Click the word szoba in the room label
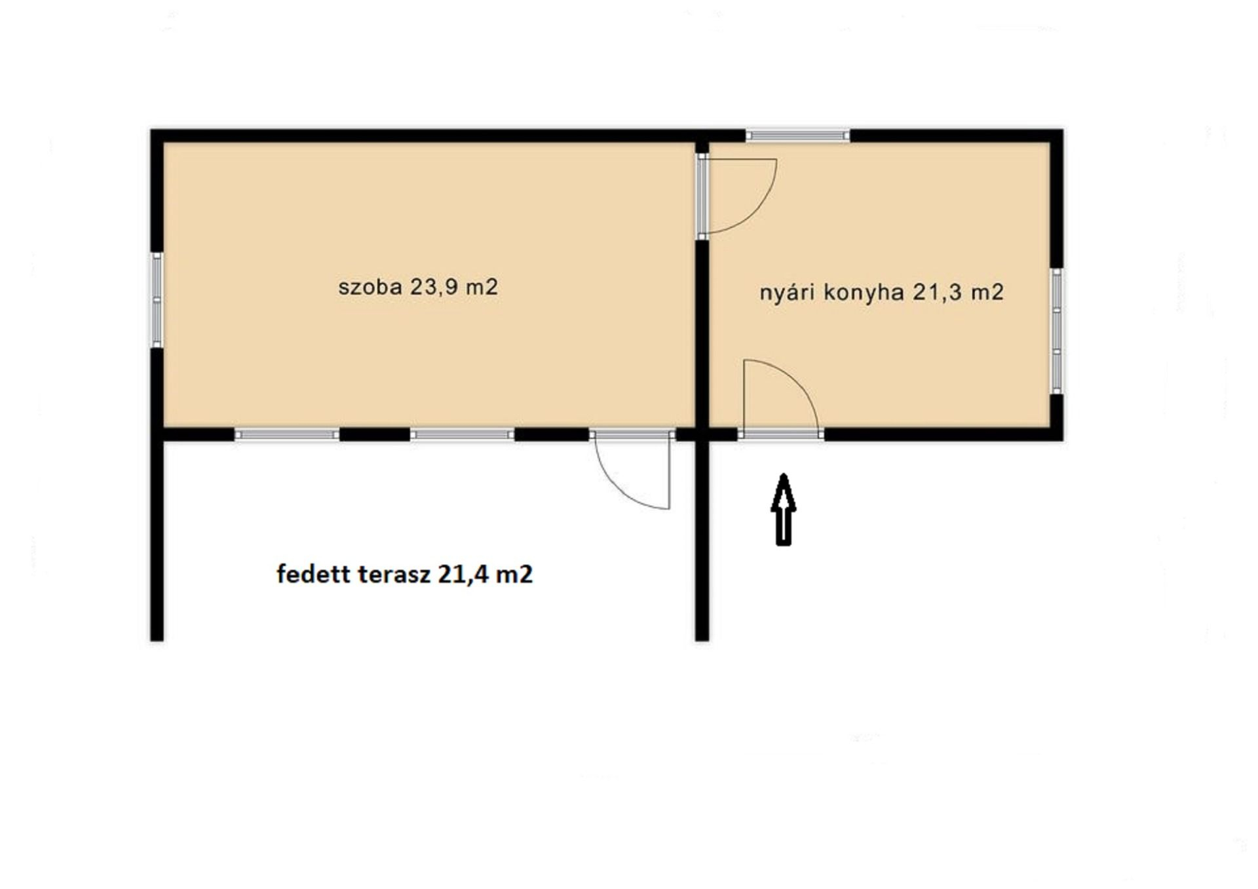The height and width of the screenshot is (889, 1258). click(370, 287)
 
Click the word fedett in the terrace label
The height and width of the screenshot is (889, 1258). click(314, 575)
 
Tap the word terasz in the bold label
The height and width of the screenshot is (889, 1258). click(395, 575)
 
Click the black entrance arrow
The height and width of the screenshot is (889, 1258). click(784, 509)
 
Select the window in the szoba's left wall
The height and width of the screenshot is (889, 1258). click(157, 300)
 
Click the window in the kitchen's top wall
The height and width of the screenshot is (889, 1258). click(797, 136)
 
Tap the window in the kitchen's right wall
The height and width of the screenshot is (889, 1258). click(1057, 331)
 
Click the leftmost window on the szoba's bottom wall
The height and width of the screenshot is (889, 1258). click(286, 434)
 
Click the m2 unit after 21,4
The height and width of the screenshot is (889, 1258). click(514, 575)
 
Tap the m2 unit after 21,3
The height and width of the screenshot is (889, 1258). click(987, 292)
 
